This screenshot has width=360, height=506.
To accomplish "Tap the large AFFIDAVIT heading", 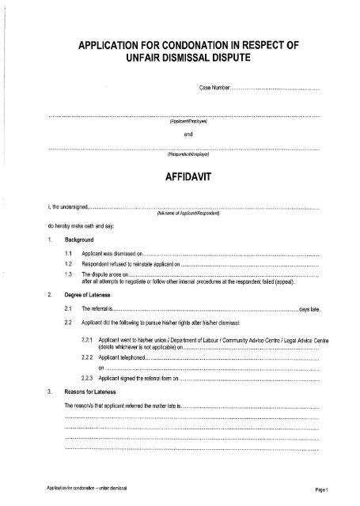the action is coord(186,180).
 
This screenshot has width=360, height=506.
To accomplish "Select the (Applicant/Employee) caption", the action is coord(187,123).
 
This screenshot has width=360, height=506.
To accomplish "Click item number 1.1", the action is coord(70,251).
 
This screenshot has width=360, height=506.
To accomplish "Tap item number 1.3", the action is coord(70,272).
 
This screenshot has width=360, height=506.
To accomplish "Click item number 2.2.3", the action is coord(86,379).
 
